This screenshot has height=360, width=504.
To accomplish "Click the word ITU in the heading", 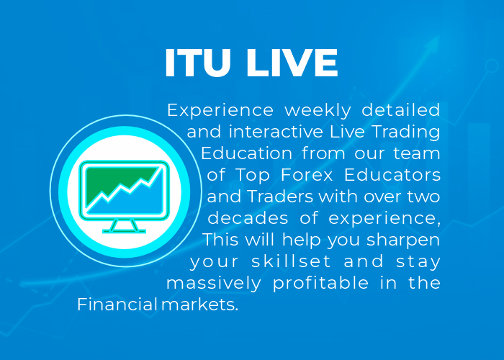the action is point(198,63).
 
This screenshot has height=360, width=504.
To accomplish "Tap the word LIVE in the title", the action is point(292,63).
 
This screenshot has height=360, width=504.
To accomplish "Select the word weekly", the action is point(318,111).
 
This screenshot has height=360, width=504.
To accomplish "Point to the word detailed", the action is point(401,110).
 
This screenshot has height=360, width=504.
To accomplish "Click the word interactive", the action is point(276,132).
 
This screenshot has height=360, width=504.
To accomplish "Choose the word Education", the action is point(246,153).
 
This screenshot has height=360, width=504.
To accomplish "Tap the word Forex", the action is point(307,175).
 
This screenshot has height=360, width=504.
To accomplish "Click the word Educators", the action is point(392,175).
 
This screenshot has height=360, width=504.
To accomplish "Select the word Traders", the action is point(280,197).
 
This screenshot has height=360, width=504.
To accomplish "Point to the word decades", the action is point(248,218).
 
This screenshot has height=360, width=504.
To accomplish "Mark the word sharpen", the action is point(403,240).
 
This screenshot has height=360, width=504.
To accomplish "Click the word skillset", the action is point(291,261).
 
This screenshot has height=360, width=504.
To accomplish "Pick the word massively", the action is point(213,284).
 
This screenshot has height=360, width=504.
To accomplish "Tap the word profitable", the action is point(320,284).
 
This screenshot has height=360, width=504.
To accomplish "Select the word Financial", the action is point(117,305).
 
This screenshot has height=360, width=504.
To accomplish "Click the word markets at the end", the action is point(199,305).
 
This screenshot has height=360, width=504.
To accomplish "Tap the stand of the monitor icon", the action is point(124,226).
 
